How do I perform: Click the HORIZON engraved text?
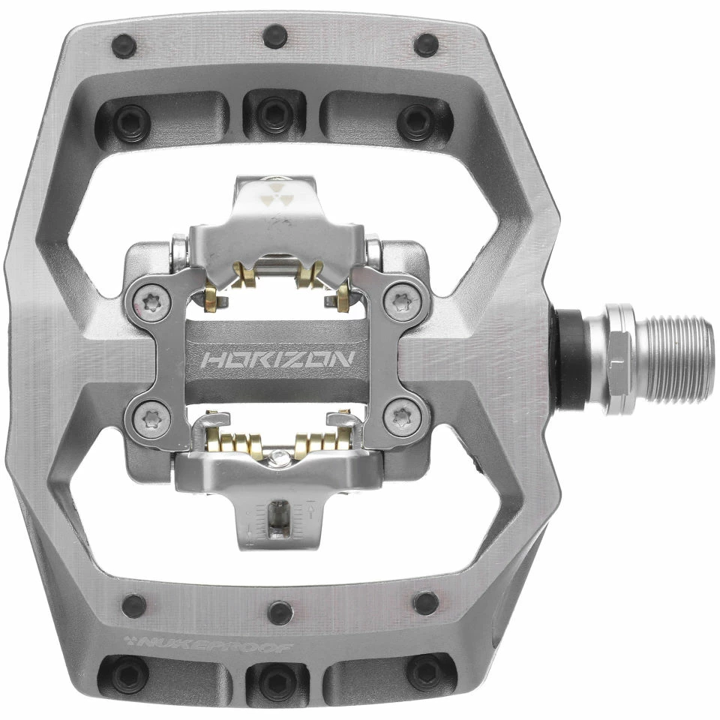tap(277, 359)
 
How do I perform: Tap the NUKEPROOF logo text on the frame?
tap(210, 644)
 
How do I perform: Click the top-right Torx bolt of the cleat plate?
tap(398, 301)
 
